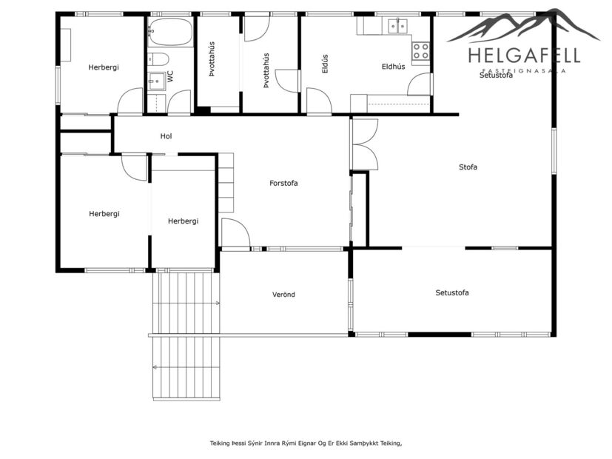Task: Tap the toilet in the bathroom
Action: pos(158,59)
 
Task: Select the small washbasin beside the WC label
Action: pos(156,81)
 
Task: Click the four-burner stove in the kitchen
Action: pos(420,51)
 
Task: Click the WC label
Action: pos(170,76)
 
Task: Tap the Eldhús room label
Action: pos(393,67)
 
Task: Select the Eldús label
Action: pos(325,64)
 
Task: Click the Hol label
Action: pos(166,136)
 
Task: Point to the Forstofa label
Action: pos(283,183)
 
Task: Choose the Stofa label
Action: pos(468,167)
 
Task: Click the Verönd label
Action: pos(283,295)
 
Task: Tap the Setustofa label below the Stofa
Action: pos(451,293)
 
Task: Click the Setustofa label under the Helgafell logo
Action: pos(496,76)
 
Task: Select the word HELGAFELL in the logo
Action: pos(524,56)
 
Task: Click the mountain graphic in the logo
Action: pos(524,26)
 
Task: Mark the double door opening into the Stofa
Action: pos(365,144)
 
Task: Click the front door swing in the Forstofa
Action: pos(234,233)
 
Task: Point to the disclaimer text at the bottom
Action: pos(306,443)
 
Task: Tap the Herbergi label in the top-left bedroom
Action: pos(104,67)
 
